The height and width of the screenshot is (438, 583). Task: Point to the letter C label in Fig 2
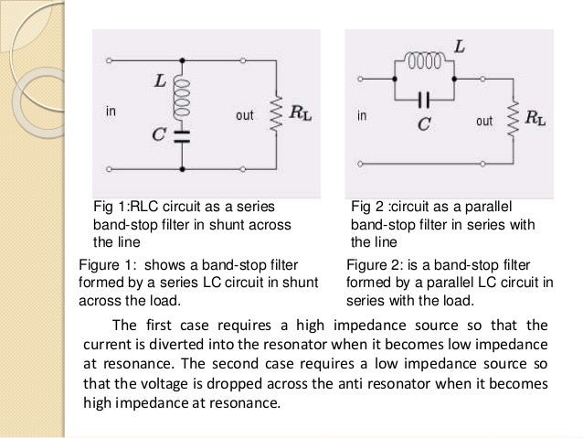click(x=425, y=118)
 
